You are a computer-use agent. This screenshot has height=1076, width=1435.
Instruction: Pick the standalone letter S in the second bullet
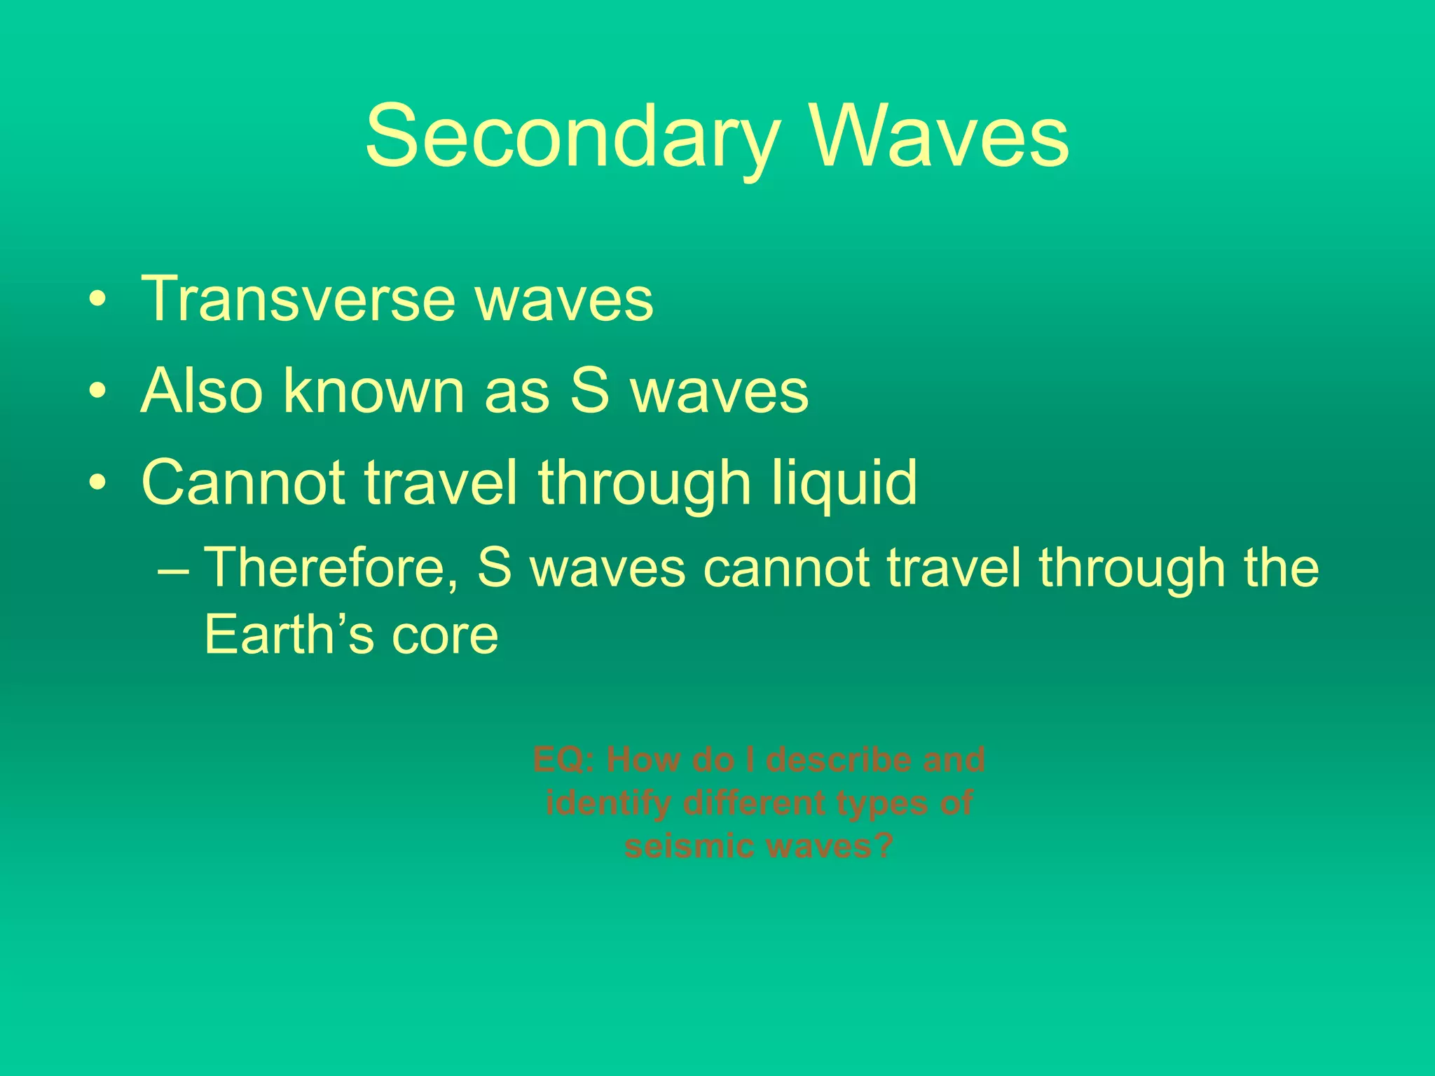pos(589,391)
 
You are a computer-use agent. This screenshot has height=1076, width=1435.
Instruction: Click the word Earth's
pos(288,635)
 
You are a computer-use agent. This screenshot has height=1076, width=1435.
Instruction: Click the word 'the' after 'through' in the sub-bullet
pos(1282,567)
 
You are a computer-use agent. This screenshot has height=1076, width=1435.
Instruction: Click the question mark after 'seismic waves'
pos(882,846)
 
